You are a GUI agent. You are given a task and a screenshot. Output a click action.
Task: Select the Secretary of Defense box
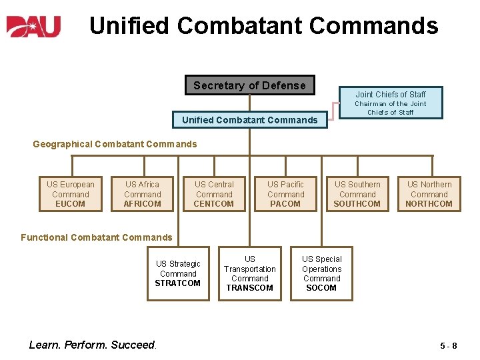(x=249, y=85)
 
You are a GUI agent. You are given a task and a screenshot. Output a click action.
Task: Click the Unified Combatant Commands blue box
(x=249, y=120)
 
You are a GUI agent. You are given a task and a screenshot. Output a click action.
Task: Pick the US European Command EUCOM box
(x=70, y=194)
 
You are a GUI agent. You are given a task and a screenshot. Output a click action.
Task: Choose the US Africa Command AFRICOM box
(x=142, y=194)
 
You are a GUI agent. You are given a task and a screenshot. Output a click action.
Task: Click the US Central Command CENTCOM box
(x=214, y=194)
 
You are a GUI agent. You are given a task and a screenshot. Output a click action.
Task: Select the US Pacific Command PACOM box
(x=285, y=194)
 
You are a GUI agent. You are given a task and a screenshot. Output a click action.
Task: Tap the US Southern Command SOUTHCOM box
(x=357, y=194)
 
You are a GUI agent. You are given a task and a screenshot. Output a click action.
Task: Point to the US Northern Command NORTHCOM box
(x=429, y=194)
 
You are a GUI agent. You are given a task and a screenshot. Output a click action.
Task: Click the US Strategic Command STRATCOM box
(x=178, y=273)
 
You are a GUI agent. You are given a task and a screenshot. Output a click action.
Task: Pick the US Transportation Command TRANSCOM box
(x=250, y=273)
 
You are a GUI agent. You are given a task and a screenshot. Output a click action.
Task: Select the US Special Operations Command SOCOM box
(x=321, y=273)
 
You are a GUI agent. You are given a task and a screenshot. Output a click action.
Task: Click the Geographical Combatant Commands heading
(x=115, y=144)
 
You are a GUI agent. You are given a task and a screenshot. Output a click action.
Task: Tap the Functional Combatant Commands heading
(x=96, y=237)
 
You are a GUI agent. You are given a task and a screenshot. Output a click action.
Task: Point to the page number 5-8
(x=448, y=345)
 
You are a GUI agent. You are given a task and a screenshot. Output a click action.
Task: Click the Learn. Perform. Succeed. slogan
(x=92, y=345)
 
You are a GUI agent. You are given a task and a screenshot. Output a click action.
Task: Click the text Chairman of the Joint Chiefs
(x=390, y=108)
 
